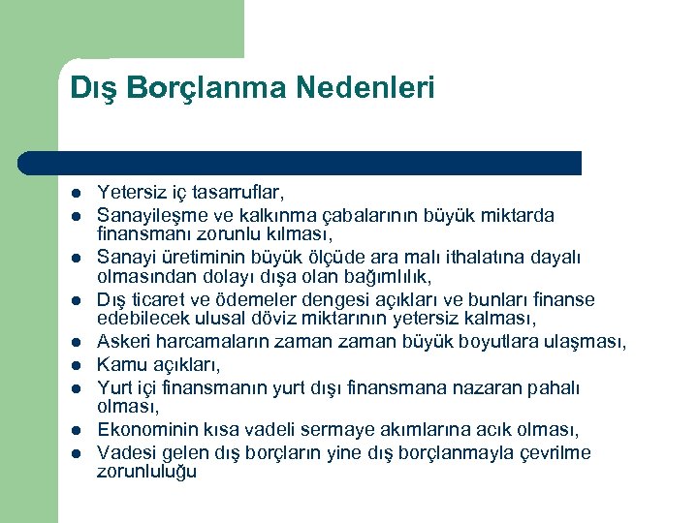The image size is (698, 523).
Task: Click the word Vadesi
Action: pyautogui.click(x=125, y=452)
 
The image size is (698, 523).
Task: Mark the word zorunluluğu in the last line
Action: pyautogui.click(x=146, y=472)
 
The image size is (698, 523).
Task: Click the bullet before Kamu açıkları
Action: pyautogui.click(x=75, y=365)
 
